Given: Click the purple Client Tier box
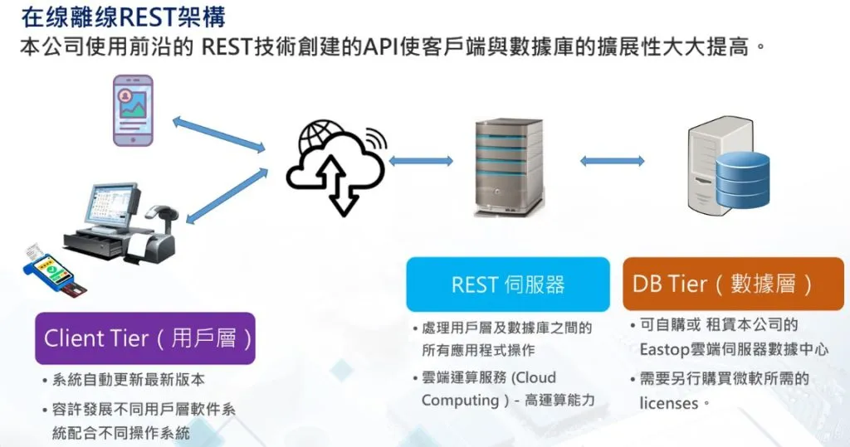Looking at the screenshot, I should [x=144, y=338].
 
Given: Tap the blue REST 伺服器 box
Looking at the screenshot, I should [x=507, y=284].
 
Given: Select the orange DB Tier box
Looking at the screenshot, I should [x=732, y=284].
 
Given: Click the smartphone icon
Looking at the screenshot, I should [x=133, y=110].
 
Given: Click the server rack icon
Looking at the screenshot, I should [x=508, y=166].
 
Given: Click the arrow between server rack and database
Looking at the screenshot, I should [x=612, y=160].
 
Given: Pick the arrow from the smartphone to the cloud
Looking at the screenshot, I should [x=218, y=135].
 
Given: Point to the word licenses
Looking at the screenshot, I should [x=669, y=403].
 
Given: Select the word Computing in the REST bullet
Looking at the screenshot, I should [x=459, y=400].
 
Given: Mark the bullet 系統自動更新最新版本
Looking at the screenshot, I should [x=128, y=380].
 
